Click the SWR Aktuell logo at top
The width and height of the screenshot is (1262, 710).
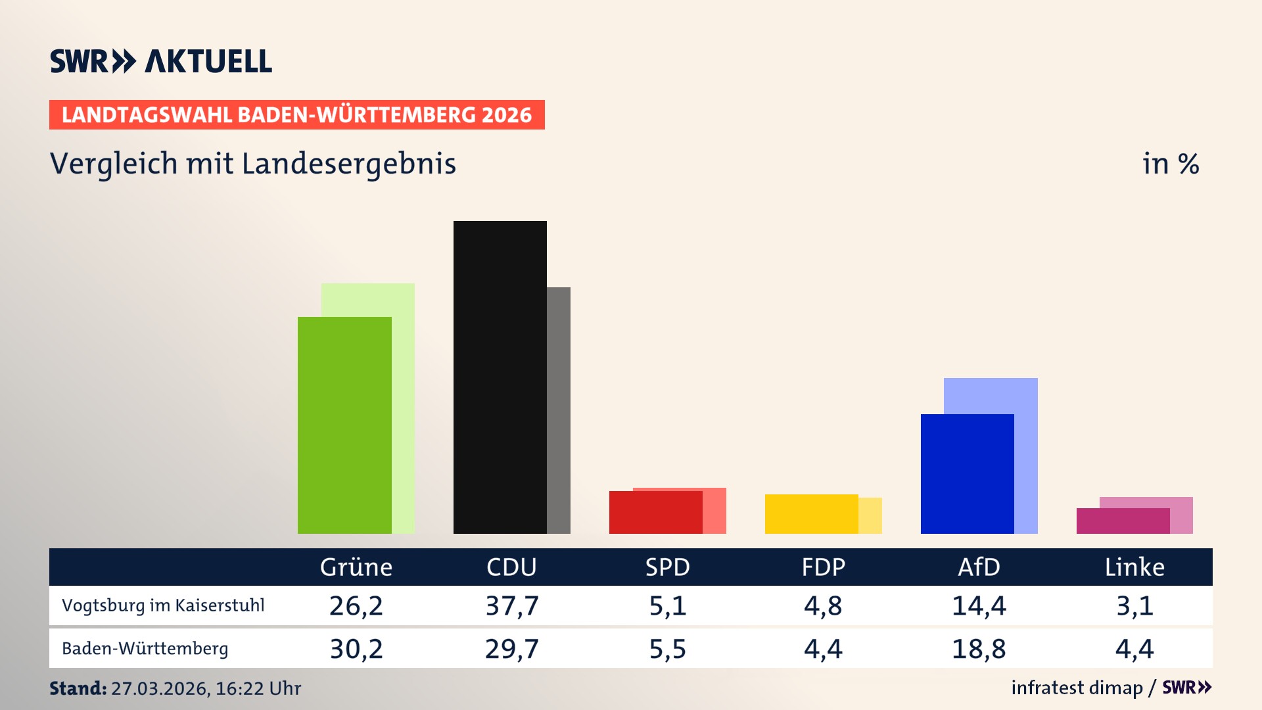[160, 61]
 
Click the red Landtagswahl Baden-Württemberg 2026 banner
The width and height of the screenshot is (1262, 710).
[296, 115]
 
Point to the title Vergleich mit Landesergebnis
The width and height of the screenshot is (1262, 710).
[252, 164]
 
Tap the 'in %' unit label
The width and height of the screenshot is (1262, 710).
[1170, 164]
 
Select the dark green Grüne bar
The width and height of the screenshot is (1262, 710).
[344, 425]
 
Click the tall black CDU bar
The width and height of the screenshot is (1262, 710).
[500, 377]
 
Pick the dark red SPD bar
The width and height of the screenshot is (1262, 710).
[655, 512]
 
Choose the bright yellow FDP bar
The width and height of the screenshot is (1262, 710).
[811, 513]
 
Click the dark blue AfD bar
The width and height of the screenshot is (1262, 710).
[967, 473]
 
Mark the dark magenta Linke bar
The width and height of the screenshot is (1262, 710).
[1122, 521]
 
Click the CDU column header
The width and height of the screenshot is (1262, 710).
[511, 567]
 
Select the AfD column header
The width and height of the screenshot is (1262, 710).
[979, 567]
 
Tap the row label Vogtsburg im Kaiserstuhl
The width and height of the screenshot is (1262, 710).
[163, 605]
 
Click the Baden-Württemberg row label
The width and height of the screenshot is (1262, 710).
[145, 648]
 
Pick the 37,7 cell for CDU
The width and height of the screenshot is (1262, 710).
[511, 605]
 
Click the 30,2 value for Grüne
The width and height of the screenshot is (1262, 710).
[356, 649]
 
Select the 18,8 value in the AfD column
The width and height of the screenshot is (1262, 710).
[979, 649]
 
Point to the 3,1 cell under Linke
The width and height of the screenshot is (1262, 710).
[1134, 605]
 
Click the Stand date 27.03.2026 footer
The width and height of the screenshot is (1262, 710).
[175, 688]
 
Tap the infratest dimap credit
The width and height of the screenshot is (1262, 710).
[1077, 688]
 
